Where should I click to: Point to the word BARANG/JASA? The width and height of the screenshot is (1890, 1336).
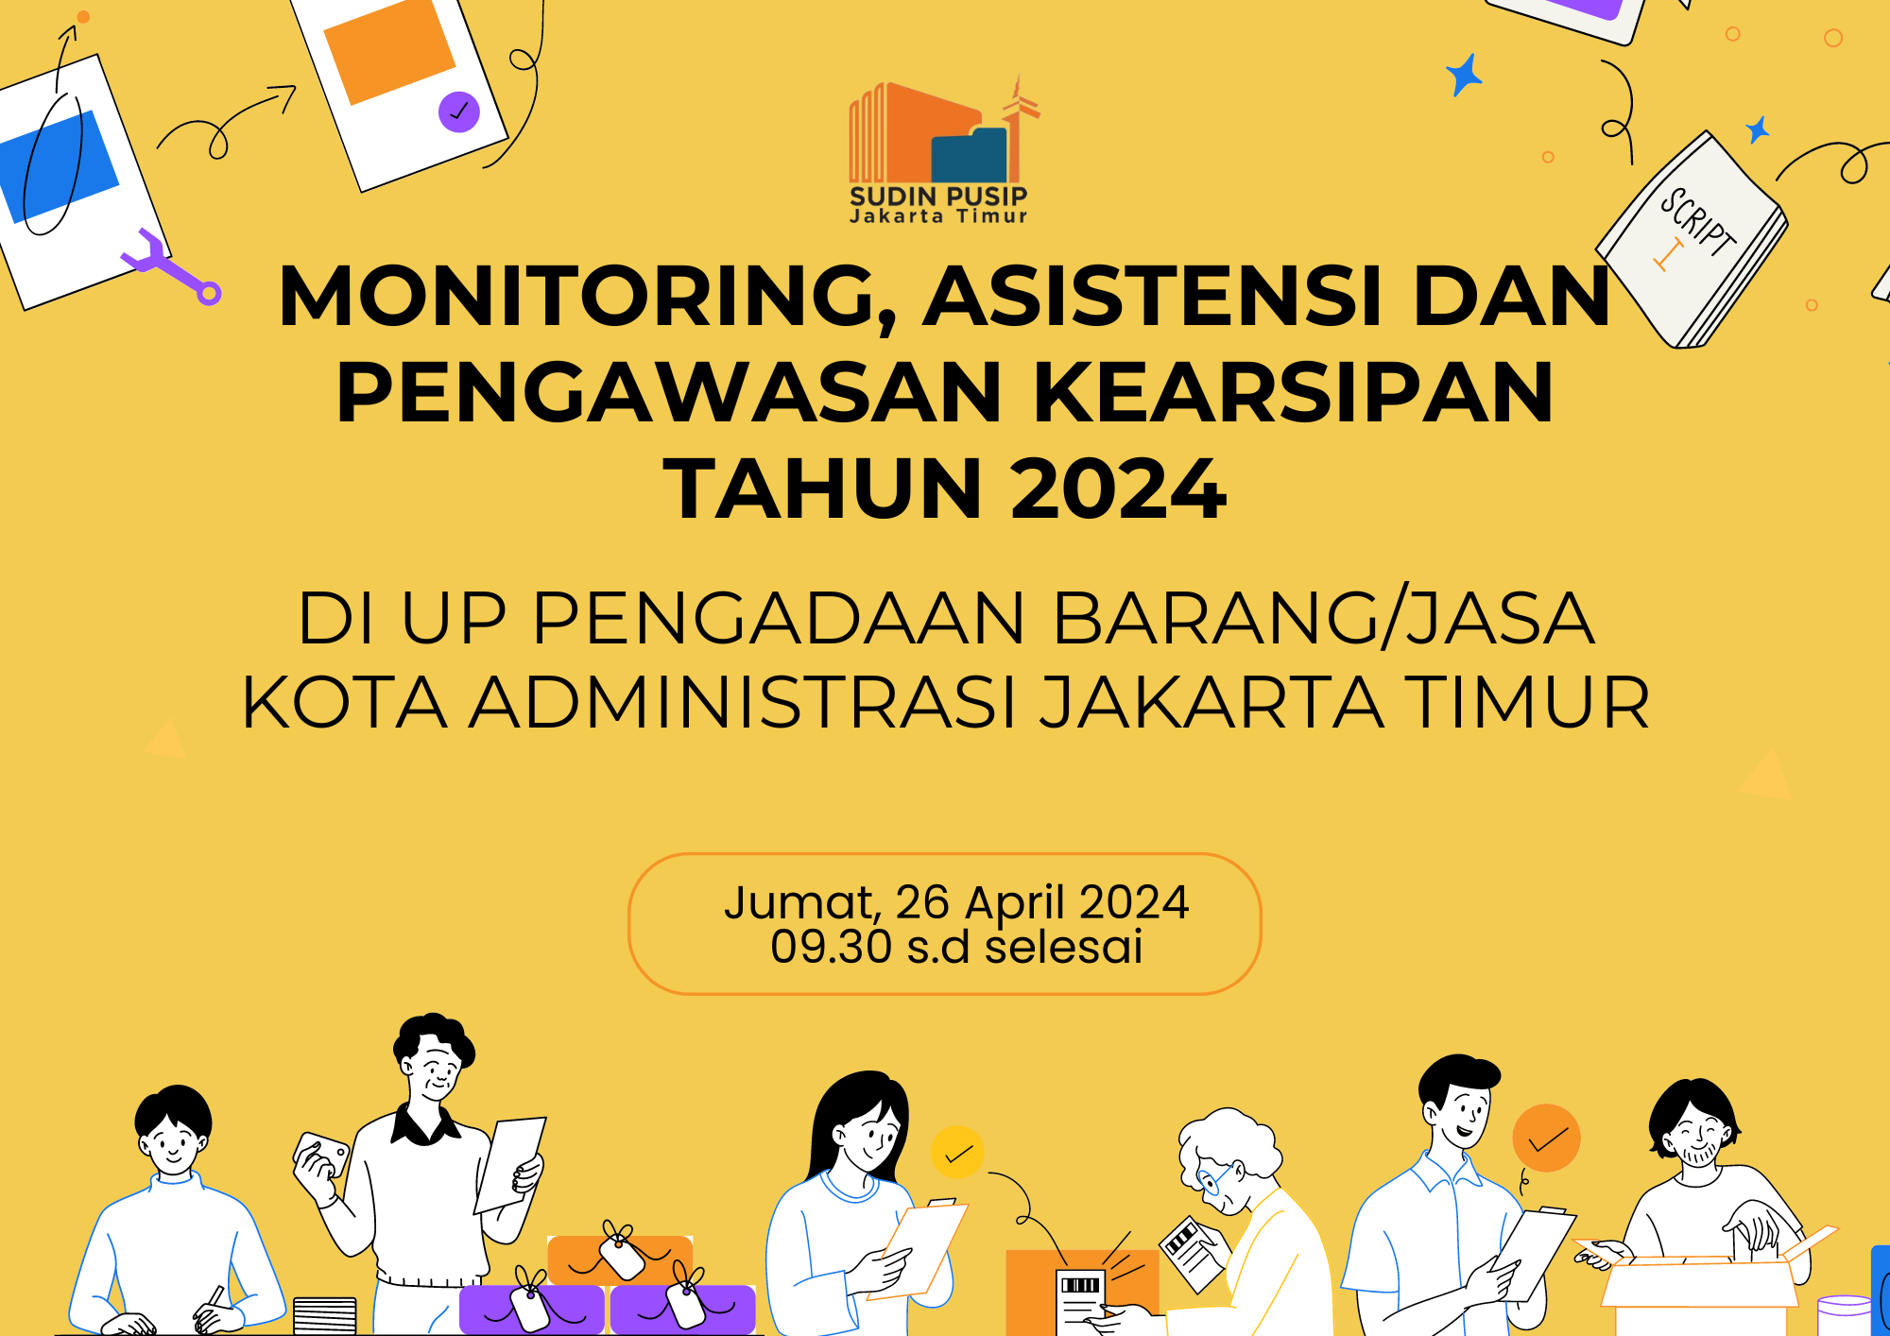1323,619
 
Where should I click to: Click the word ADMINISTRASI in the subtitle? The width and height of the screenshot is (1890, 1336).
742,703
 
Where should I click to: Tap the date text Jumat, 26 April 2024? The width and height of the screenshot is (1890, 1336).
955,901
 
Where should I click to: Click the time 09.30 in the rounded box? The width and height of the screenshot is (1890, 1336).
831,947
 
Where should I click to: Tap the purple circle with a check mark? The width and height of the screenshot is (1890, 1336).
459,111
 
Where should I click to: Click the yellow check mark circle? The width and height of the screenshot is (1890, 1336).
957,1152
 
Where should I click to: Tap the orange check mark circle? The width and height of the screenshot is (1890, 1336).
1546,1139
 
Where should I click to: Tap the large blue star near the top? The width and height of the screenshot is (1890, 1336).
1464,74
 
